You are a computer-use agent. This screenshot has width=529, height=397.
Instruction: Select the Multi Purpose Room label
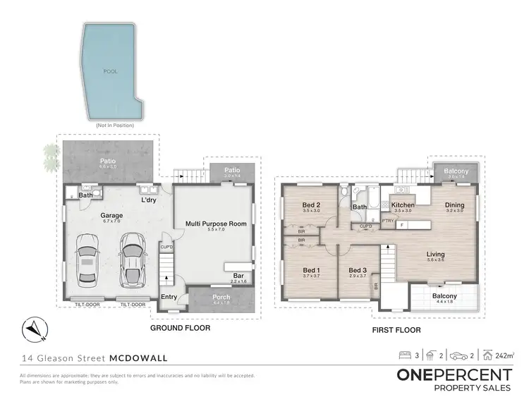tap(216, 224)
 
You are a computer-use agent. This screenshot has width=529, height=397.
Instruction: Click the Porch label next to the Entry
tap(221, 297)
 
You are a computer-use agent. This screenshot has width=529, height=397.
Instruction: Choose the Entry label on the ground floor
tap(169, 298)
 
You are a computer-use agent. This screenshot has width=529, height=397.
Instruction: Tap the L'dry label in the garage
tap(149, 200)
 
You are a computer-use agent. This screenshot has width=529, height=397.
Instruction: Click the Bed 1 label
tap(311, 271)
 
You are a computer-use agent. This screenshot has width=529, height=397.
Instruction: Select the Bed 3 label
tap(358, 271)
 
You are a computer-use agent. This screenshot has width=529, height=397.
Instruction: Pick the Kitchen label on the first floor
tap(403, 205)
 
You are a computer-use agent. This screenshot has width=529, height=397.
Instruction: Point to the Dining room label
tap(454, 205)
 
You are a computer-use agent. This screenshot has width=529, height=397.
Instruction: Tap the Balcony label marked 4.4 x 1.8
tap(444, 296)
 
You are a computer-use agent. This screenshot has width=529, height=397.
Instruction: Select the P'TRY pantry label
tap(387, 221)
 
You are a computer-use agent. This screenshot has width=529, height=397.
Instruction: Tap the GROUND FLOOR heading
tap(180, 328)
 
